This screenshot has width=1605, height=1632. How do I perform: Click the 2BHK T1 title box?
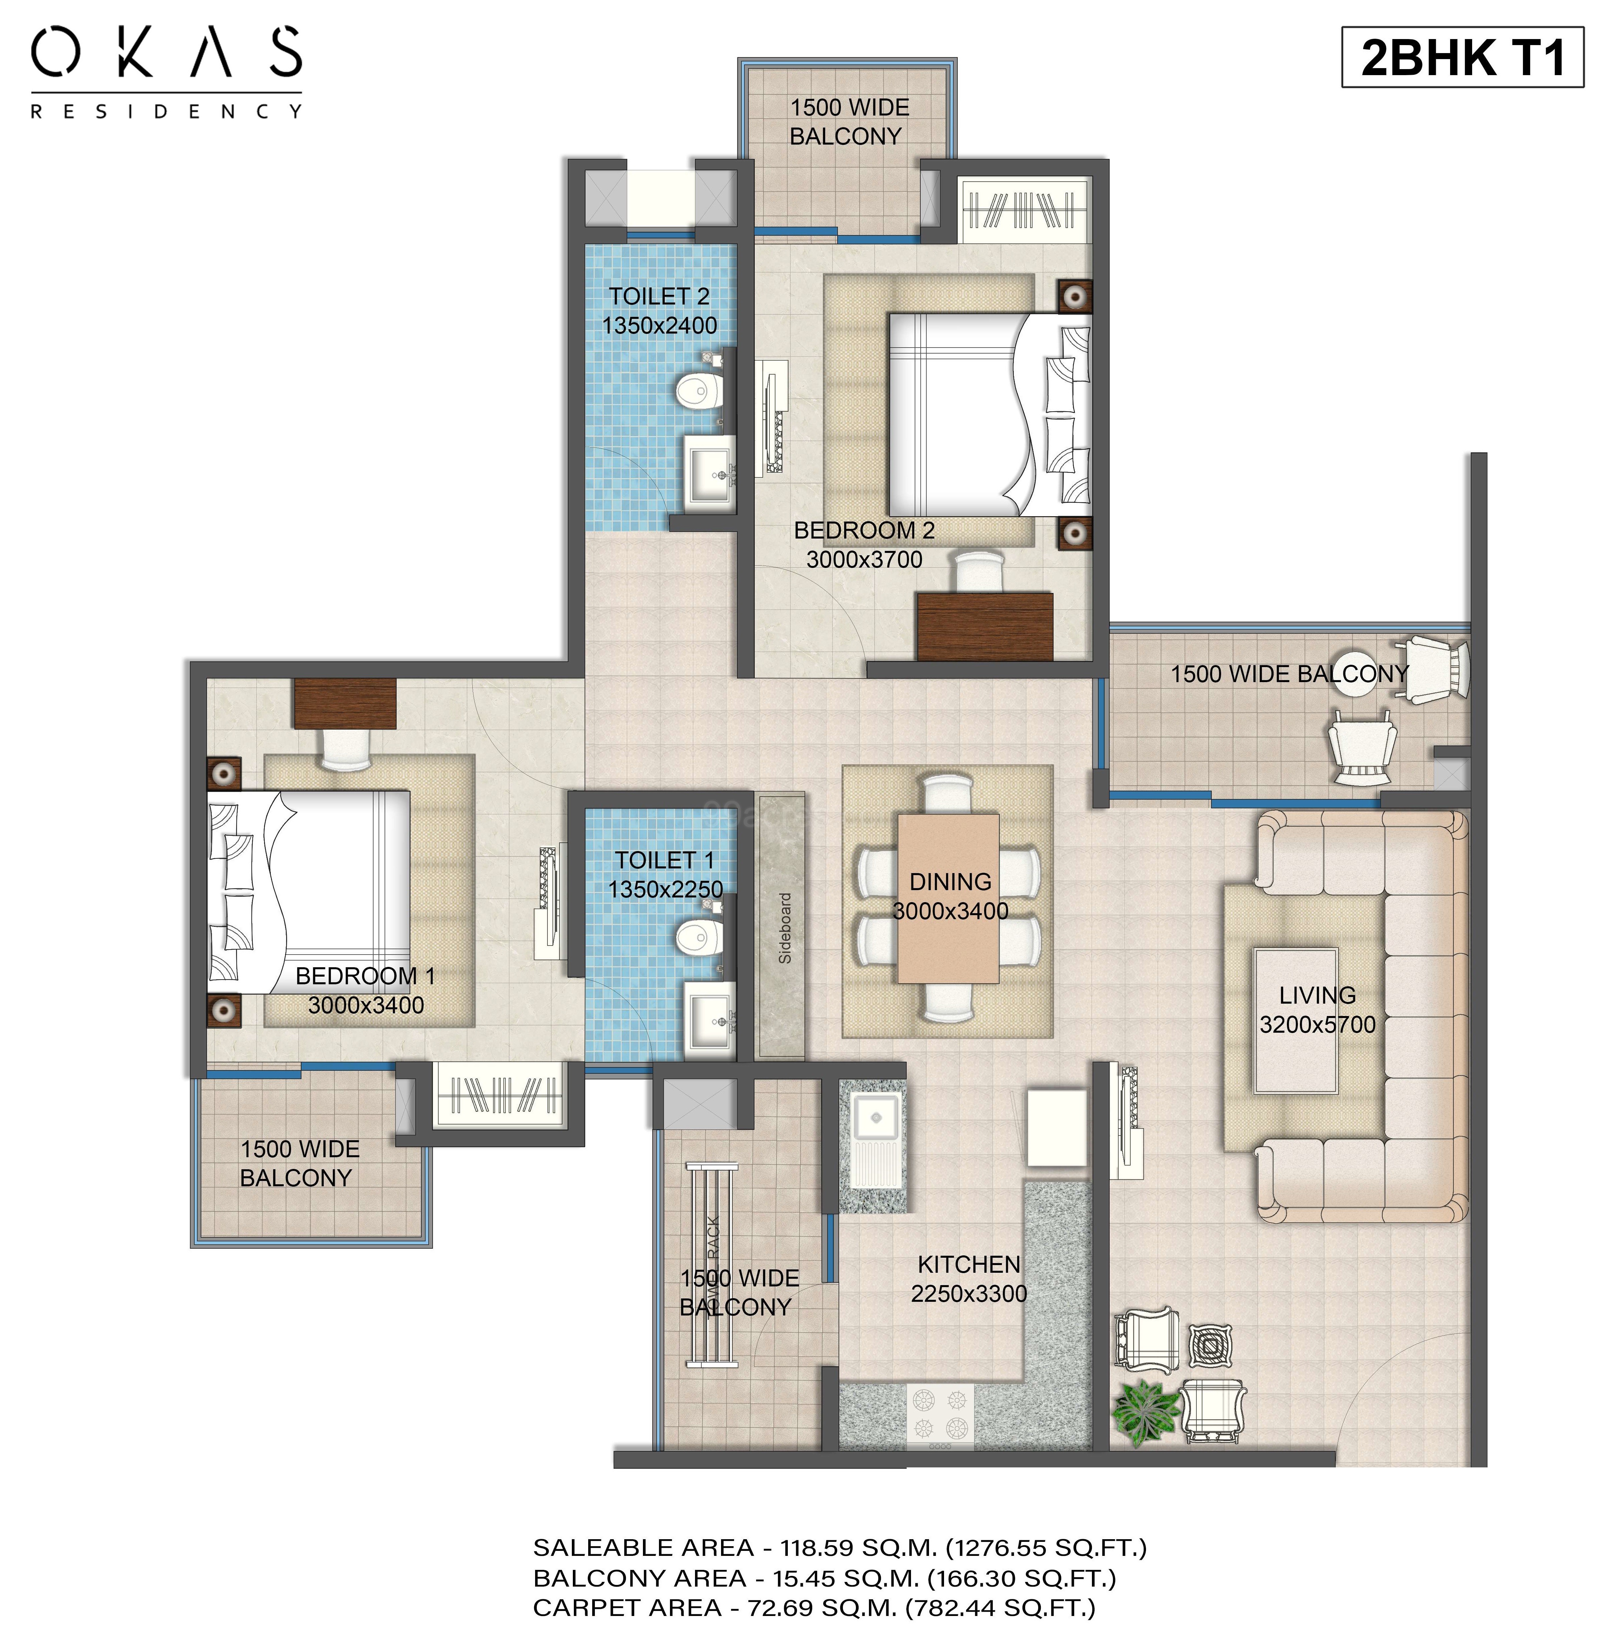(x=1462, y=57)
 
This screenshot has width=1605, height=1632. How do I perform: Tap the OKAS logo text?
(x=167, y=52)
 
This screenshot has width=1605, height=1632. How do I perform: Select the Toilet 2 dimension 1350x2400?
(x=659, y=326)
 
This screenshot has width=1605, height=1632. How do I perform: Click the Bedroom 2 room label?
(x=864, y=530)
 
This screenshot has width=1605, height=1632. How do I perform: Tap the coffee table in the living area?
(x=1296, y=1020)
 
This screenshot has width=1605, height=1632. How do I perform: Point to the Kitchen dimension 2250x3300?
(x=968, y=1293)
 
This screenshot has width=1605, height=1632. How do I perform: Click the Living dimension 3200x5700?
(x=1318, y=1025)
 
